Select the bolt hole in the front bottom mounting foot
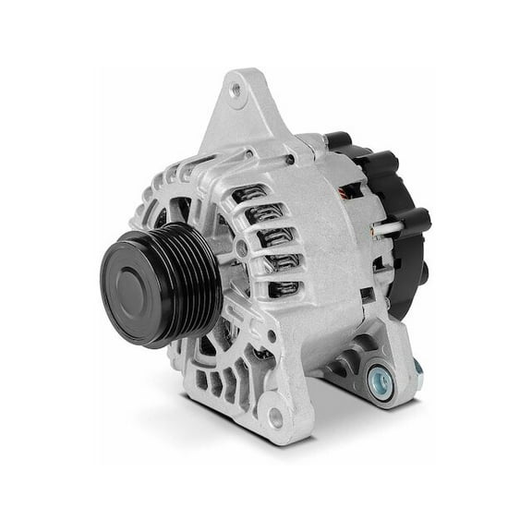274,417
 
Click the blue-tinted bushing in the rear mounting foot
379,377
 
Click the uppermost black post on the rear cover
340,140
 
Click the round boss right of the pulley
241,248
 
